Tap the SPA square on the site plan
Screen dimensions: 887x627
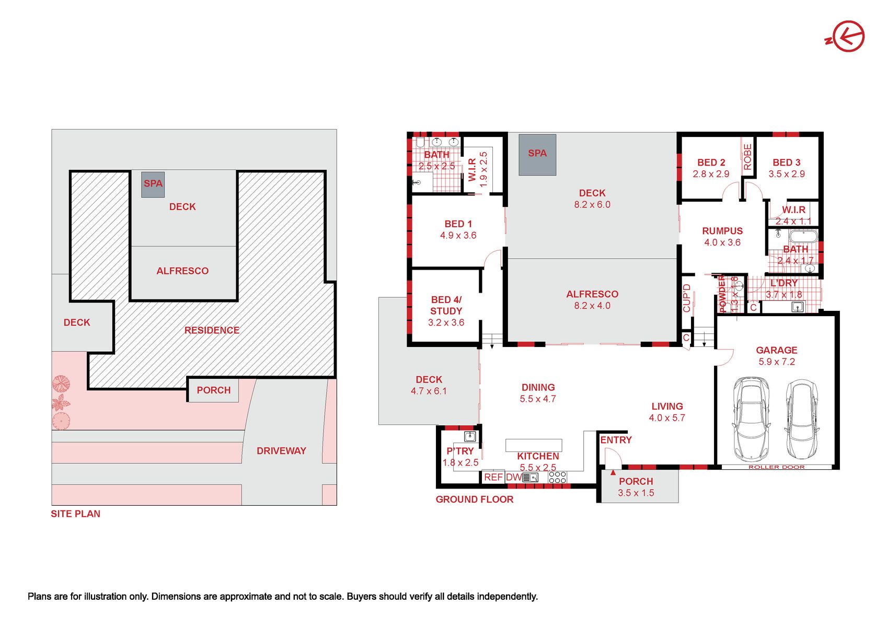[153, 184]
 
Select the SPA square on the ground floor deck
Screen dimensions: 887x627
[537, 154]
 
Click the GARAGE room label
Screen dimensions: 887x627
[776, 350]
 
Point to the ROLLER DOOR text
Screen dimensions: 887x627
[776, 467]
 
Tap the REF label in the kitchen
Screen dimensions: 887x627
[493, 477]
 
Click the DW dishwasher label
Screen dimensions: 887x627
[514, 477]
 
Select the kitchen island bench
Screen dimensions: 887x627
[533, 445]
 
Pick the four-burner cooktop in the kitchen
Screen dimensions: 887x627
[557, 477]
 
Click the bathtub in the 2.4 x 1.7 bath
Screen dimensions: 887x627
[803, 237]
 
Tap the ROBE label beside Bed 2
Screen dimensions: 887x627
[747, 157]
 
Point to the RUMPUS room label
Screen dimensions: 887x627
[722, 231]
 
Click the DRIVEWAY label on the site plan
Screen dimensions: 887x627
[281, 451]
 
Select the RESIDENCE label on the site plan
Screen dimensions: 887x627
[212, 330]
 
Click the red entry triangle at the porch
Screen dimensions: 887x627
[613, 472]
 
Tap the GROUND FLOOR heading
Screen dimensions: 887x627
[475, 499]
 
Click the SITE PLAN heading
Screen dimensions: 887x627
[76, 514]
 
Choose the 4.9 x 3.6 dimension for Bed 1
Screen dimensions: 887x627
[458, 236]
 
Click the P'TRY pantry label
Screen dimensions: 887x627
[460, 451]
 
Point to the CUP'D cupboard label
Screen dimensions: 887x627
[686, 298]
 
